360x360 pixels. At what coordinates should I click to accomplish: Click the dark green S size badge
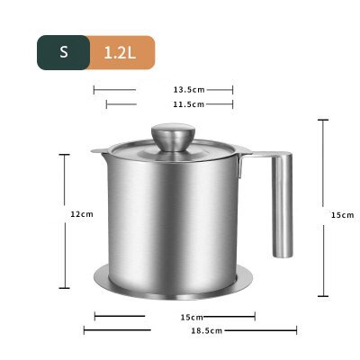coord(64,51)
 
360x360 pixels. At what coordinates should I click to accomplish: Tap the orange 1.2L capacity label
coord(121,51)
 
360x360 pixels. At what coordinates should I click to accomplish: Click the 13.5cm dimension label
coord(189,89)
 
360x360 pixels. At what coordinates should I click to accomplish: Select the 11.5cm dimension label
coord(189,104)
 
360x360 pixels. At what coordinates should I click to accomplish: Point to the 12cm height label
coord(82,214)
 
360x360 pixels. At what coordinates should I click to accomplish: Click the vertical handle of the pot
coord(282,203)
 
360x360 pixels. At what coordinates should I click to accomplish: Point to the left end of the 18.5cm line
coord(85,331)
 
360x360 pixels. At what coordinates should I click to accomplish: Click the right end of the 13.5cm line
coord(233,89)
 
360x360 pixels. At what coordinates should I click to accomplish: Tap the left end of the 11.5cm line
coord(106,104)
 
